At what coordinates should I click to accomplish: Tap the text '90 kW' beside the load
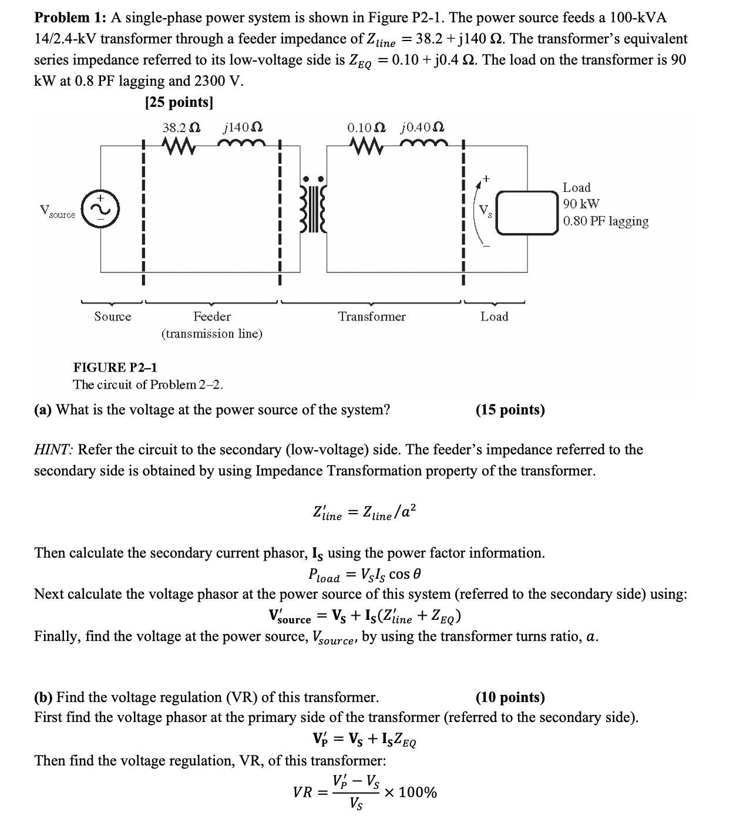click(x=581, y=204)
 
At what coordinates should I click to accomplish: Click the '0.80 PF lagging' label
click(x=606, y=221)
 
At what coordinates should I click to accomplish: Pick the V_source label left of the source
click(x=57, y=212)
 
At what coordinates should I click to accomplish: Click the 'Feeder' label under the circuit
click(x=212, y=317)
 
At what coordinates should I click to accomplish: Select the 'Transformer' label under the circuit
click(x=371, y=317)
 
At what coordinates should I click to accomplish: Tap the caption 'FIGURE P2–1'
click(x=115, y=368)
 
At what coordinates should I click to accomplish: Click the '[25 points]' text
click(x=179, y=102)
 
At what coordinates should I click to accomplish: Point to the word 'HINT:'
click(x=53, y=450)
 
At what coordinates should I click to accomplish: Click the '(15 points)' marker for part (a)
click(x=510, y=410)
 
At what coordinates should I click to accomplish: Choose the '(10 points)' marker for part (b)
click(x=510, y=697)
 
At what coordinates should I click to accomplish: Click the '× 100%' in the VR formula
click(x=411, y=793)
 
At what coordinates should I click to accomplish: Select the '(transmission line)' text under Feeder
click(x=212, y=334)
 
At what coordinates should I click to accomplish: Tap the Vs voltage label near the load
click(x=485, y=211)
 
